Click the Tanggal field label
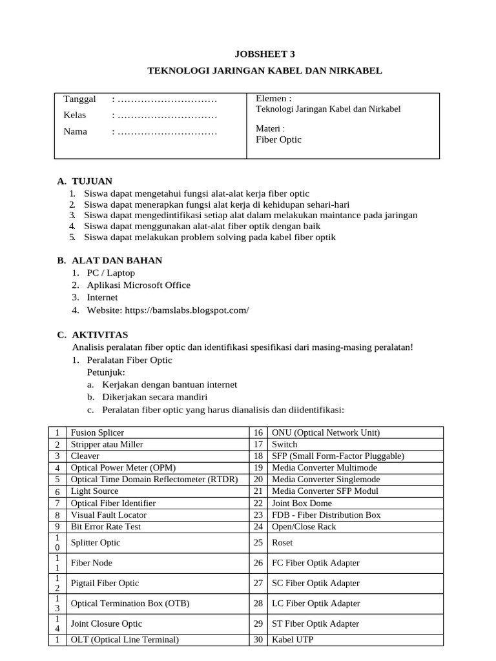click(x=79, y=99)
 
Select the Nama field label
click(x=75, y=132)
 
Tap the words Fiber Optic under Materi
click(x=278, y=139)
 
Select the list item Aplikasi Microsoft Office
click(x=138, y=285)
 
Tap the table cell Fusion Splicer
click(x=97, y=432)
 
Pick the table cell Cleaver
click(x=86, y=456)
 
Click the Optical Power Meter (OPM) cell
click(x=123, y=467)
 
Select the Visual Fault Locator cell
click(x=108, y=514)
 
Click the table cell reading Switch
click(x=285, y=444)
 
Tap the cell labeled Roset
click(x=283, y=542)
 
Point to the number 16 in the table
click(x=258, y=432)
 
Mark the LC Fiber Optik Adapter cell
click(x=315, y=604)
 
